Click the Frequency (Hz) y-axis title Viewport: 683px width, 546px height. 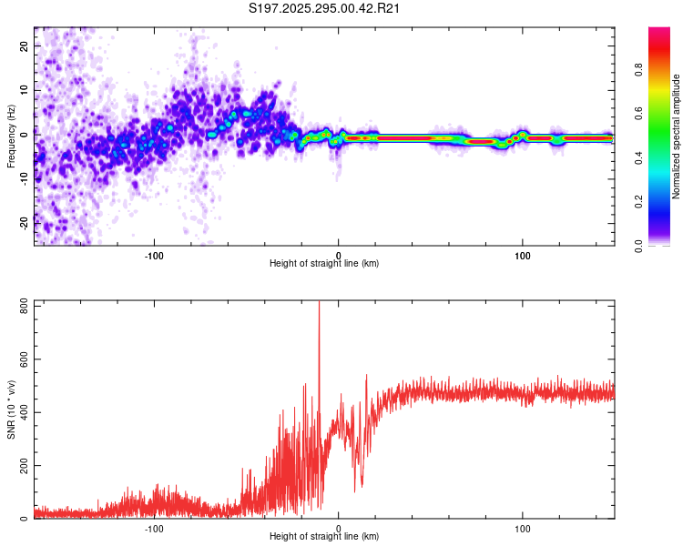[x=11, y=136]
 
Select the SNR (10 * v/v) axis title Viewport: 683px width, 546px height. [x=11, y=409]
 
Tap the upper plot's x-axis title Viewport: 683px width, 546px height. [x=324, y=264]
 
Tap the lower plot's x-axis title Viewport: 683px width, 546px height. [x=324, y=537]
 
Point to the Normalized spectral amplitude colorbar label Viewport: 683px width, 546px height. [x=677, y=136]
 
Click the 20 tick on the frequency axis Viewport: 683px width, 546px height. [x=24, y=45]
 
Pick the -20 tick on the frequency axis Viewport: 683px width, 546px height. [x=24, y=221]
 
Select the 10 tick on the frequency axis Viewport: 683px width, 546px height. [x=24, y=88]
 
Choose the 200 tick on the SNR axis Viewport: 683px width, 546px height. [x=24, y=466]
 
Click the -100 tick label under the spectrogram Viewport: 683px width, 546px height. [x=154, y=254]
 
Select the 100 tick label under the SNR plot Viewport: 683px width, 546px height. [x=523, y=527]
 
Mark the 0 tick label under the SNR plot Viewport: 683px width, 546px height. [x=339, y=527]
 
